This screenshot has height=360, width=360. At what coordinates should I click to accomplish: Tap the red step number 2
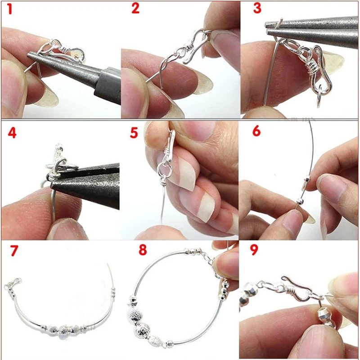click(135, 9)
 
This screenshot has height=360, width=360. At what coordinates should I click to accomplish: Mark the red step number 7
click(14, 251)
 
